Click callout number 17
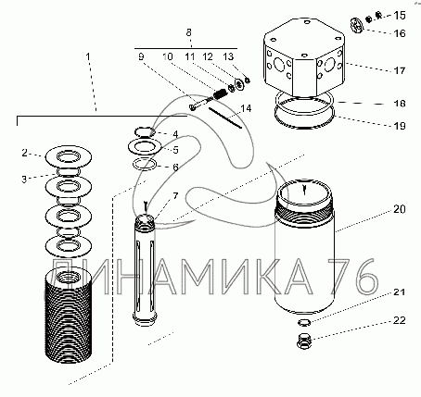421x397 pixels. [x=399, y=70]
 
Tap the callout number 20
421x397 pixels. [x=400, y=209]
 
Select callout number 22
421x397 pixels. [x=399, y=320]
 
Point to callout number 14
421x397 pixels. [x=246, y=108]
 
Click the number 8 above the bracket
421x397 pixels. [x=189, y=32]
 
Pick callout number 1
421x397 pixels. [x=88, y=56]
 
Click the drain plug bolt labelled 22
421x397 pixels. [x=304, y=341]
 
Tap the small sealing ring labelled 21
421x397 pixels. [x=304, y=322]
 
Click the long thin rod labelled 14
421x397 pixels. [x=225, y=118]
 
